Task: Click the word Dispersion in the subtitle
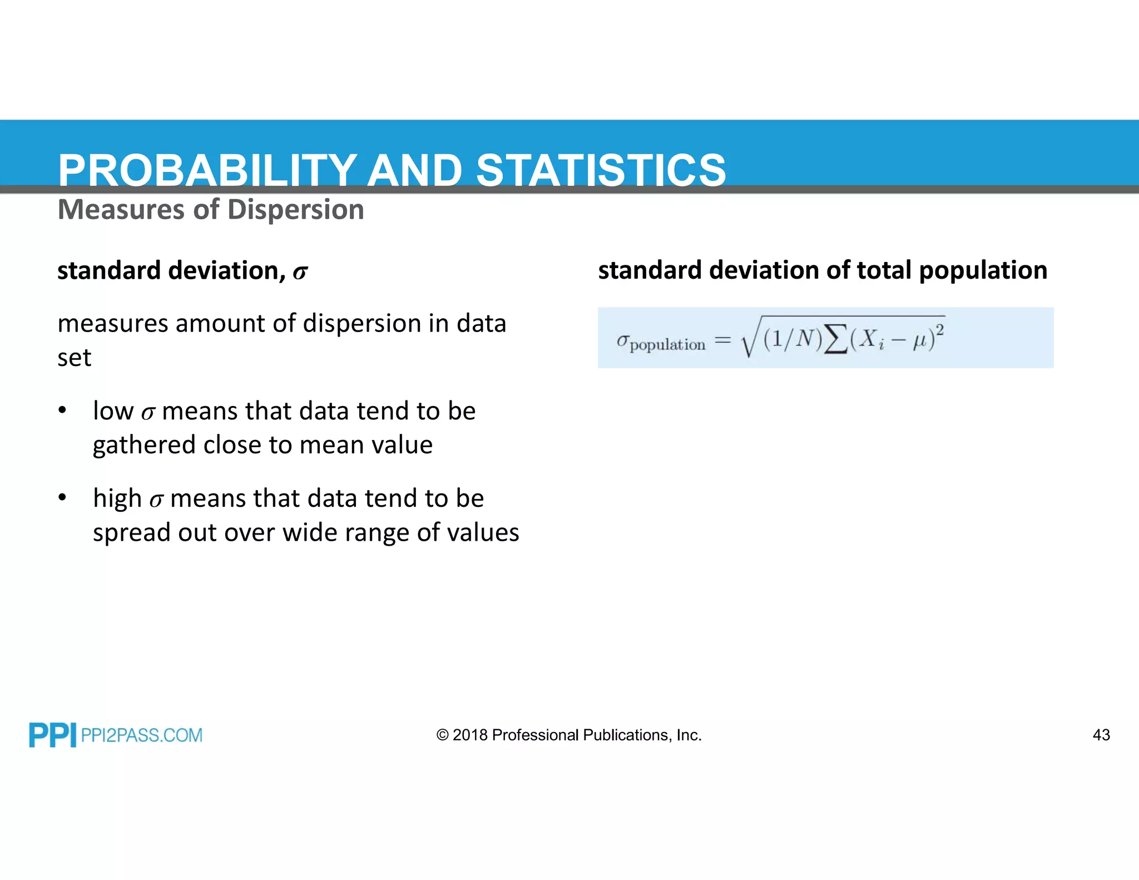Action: (295, 210)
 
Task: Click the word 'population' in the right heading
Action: (983, 271)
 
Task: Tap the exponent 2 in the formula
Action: (939, 330)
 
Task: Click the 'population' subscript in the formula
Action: (667, 345)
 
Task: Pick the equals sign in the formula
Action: (722, 339)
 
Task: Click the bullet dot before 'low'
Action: (62, 411)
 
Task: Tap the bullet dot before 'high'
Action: (62, 497)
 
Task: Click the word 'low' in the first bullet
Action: (113, 411)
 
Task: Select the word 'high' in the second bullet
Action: (117, 498)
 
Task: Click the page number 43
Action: (1101, 735)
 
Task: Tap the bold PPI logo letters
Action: (52, 735)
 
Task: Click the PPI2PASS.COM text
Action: (142, 735)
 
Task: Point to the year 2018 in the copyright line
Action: (470, 735)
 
